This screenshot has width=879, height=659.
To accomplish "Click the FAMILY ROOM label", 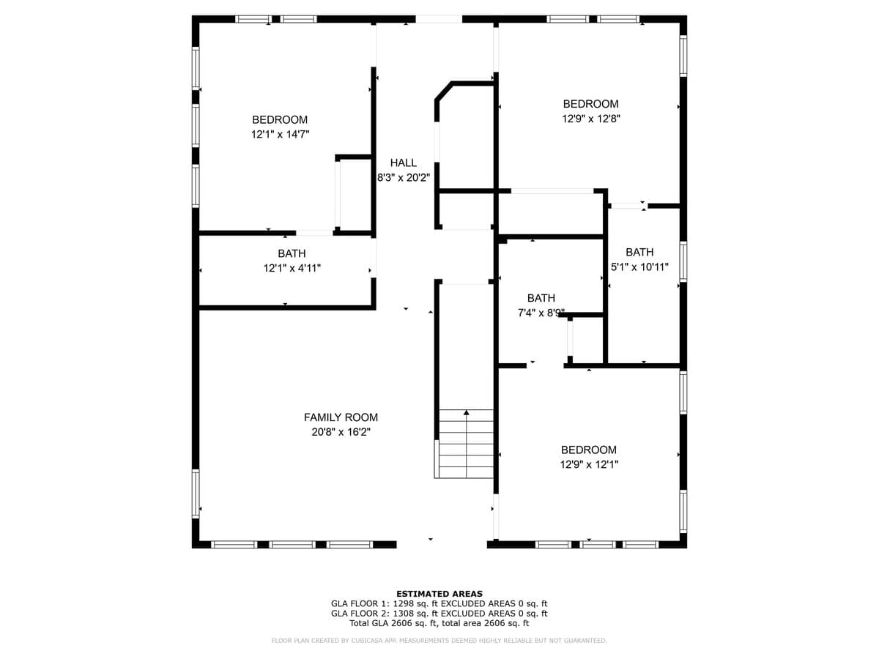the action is click(341, 417).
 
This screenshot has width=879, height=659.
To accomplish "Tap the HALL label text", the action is click(404, 163).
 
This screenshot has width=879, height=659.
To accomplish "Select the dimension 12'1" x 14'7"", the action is click(281, 134).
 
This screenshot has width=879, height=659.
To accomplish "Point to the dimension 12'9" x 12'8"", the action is click(591, 119).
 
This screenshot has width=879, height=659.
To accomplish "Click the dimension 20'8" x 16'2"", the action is click(341, 432).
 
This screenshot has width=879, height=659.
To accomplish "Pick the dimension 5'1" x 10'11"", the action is click(639, 267).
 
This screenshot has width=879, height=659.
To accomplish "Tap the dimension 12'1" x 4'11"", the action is click(292, 268).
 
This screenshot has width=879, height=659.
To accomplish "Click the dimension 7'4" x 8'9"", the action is click(541, 313).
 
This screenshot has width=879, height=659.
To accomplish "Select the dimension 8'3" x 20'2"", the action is click(404, 178).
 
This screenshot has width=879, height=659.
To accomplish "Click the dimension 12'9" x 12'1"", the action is click(589, 464).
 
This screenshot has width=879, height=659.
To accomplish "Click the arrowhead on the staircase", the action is click(466, 412).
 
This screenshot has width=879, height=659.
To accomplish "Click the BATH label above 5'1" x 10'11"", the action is click(639, 252).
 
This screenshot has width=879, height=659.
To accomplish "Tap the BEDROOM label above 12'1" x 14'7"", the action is click(280, 119).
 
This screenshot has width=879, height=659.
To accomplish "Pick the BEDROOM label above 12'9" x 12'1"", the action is click(589, 450).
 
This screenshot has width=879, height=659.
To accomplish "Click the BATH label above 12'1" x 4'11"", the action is click(292, 253).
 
